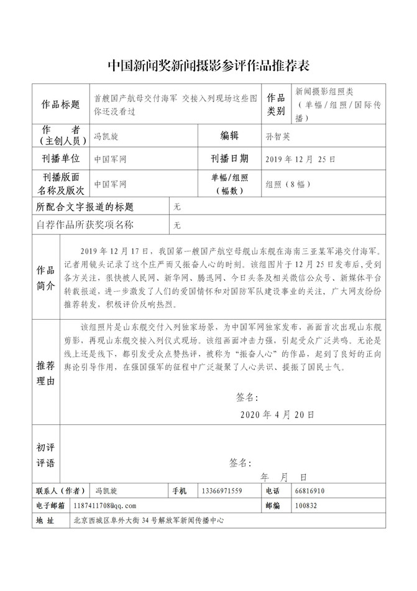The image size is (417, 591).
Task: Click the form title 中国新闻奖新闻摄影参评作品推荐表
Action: (209, 65)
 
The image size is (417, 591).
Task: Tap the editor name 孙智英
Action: (277, 135)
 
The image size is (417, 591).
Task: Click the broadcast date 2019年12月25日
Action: (301, 159)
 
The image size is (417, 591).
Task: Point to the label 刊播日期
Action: (229, 159)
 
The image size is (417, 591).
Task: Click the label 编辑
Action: (229, 135)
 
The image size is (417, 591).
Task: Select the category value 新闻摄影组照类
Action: (325, 91)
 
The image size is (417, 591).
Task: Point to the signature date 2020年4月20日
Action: (277, 413)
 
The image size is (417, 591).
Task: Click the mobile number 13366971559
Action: (222, 491)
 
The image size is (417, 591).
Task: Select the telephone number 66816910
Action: (311, 491)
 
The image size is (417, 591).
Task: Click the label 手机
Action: (178, 491)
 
